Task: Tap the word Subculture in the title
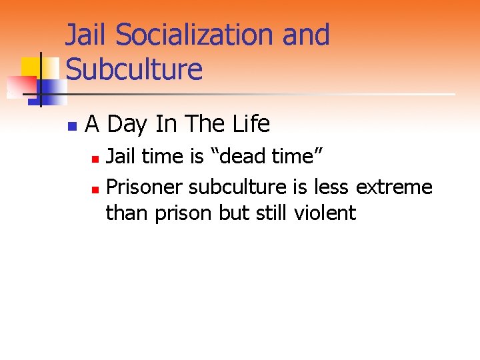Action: coord(134,69)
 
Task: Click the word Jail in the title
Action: coord(85,35)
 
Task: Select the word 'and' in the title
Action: coord(306,35)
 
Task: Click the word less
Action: coord(328,187)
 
